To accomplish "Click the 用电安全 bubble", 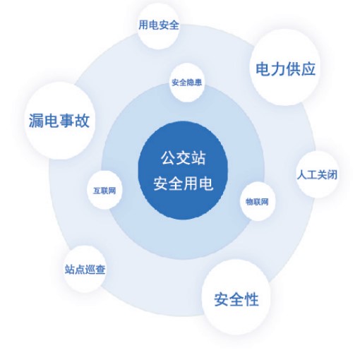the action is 158,26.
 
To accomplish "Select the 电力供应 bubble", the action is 285,67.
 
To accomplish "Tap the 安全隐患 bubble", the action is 187,83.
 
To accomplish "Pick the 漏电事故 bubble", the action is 59,121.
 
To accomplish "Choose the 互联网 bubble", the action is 104,190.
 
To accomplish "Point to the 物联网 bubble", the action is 257,201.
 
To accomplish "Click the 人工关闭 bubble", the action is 317,174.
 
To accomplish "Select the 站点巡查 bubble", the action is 85,269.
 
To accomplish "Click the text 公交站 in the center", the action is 183,158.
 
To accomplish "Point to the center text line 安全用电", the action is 183,184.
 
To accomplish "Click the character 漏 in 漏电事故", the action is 36,121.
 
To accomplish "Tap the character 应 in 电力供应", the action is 308,69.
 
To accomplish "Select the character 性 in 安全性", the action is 251,299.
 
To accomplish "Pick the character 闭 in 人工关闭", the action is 332,175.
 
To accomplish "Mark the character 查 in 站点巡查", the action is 100,270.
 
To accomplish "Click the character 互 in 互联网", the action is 97,191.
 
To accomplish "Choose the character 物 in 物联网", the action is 249,202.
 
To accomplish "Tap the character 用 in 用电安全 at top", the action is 143,25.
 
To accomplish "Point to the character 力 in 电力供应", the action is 278,69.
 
